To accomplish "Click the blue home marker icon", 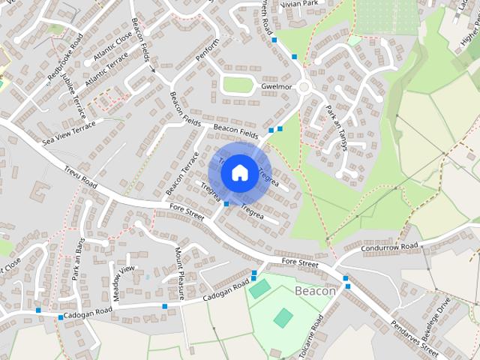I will tap(239, 172).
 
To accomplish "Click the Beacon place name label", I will tap(315, 290).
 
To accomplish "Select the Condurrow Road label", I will tap(388, 247).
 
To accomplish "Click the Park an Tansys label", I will tap(336, 127).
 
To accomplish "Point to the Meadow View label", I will tap(125, 283).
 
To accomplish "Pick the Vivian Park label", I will tap(298, 4).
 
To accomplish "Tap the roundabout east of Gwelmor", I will tap(304, 88).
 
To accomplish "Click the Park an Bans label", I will tap(78, 259).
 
